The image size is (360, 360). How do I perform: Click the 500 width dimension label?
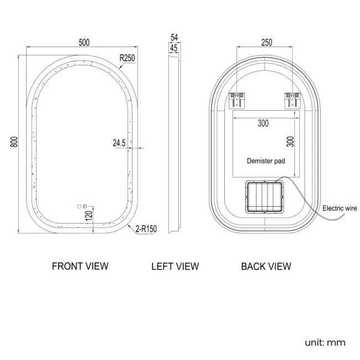pos(84,43)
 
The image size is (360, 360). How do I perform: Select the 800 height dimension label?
pos(14,142)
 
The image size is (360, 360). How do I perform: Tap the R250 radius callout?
pos(127,58)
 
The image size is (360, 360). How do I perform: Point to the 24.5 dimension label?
pos(119,143)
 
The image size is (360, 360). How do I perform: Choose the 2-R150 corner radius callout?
pos(146,229)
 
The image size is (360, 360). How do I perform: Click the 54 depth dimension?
pos(174,38)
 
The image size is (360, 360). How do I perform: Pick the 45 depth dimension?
pos(174,48)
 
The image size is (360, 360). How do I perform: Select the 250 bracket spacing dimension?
pos(266,43)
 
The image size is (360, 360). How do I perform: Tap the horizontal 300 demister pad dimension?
pos(263,124)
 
